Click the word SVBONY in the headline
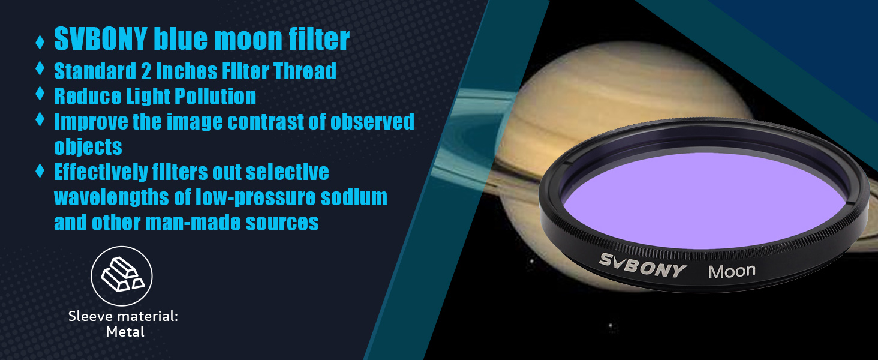100,39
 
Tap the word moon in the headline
248,39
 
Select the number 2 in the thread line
145,71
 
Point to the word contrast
265,122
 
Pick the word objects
88,146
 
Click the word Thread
305,71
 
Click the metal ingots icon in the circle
122,275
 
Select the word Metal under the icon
125,332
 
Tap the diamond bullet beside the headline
40,42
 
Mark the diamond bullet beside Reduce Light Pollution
40,94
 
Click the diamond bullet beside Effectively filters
40,170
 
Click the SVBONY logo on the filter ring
643,265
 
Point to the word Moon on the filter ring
732,271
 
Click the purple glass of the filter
703,200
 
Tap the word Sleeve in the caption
89,316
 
